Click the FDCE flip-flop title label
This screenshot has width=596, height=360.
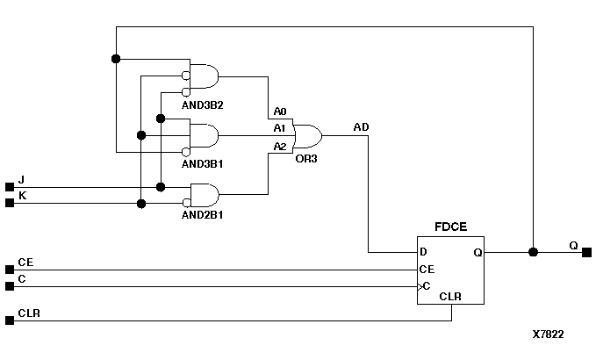(x=449, y=227)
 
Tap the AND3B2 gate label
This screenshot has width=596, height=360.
(x=203, y=105)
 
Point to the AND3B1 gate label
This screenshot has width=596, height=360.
(x=203, y=163)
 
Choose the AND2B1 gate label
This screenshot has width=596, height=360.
(x=203, y=214)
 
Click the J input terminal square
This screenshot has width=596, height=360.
(x=10, y=186)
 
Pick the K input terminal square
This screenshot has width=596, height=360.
(x=10, y=203)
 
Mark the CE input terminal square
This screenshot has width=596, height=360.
(x=10, y=270)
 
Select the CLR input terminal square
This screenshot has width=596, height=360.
(x=10, y=320)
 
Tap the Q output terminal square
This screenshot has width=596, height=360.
(x=586, y=252)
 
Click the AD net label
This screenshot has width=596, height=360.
(x=361, y=127)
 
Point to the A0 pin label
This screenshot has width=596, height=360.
(x=280, y=112)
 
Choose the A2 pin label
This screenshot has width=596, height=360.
(x=280, y=146)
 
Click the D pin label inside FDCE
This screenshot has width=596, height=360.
(x=423, y=253)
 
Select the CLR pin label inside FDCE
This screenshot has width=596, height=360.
(x=451, y=297)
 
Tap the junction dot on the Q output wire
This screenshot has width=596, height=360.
(x=533, y=252)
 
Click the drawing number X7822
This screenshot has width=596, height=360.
(x=548, y=335)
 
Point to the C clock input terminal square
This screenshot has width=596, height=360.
(x=10, y=286)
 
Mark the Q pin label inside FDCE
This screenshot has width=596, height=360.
(x=478, y=253)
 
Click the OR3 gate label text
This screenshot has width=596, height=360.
(x=306, y=159)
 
